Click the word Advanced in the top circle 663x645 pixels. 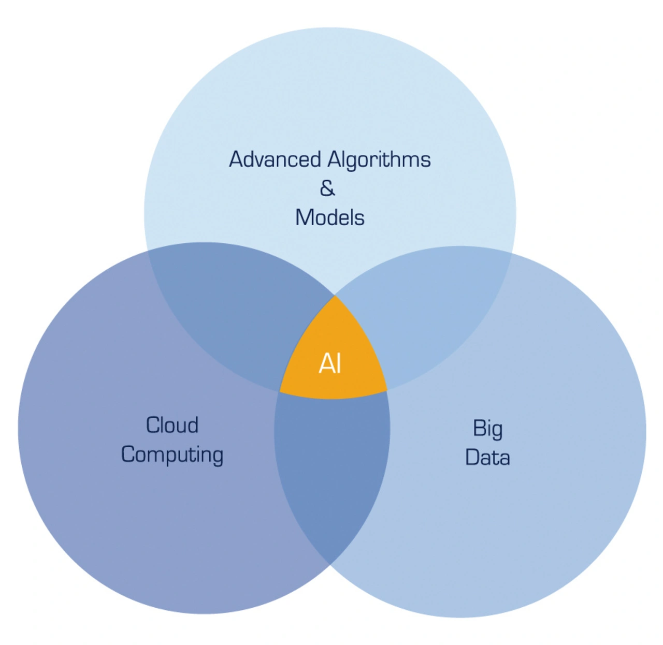275,159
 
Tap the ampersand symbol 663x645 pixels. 327,188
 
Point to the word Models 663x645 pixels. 330,218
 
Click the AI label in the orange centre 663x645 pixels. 330,363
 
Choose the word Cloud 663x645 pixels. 172,425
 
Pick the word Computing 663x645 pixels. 172,455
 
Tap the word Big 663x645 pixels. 487,429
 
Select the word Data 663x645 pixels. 487,458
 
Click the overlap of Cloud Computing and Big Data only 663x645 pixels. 331,466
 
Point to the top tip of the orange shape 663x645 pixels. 335,296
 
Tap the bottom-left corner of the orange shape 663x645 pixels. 280,392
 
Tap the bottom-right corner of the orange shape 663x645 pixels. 387,390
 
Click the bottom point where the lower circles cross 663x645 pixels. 329,564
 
